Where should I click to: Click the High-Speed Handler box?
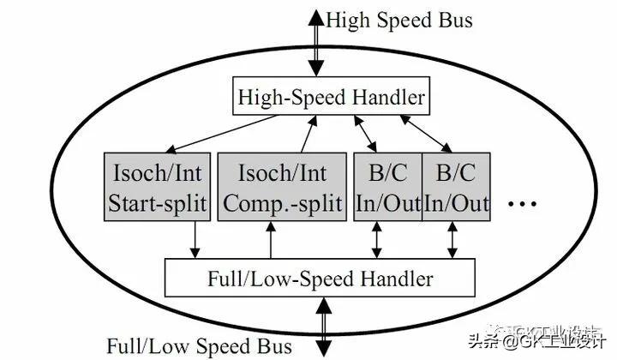click(x=330, y=98)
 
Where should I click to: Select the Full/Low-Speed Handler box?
click(x=320, y=279)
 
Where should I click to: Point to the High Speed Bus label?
click(x=399, y=20)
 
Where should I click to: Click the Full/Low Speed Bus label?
click(x=199, y=346)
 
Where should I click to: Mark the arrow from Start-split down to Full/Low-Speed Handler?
click(x=195, y=239)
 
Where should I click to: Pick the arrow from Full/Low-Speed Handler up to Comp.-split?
click(x=271, y=240)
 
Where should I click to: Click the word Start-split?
click(x=158, y=204)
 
